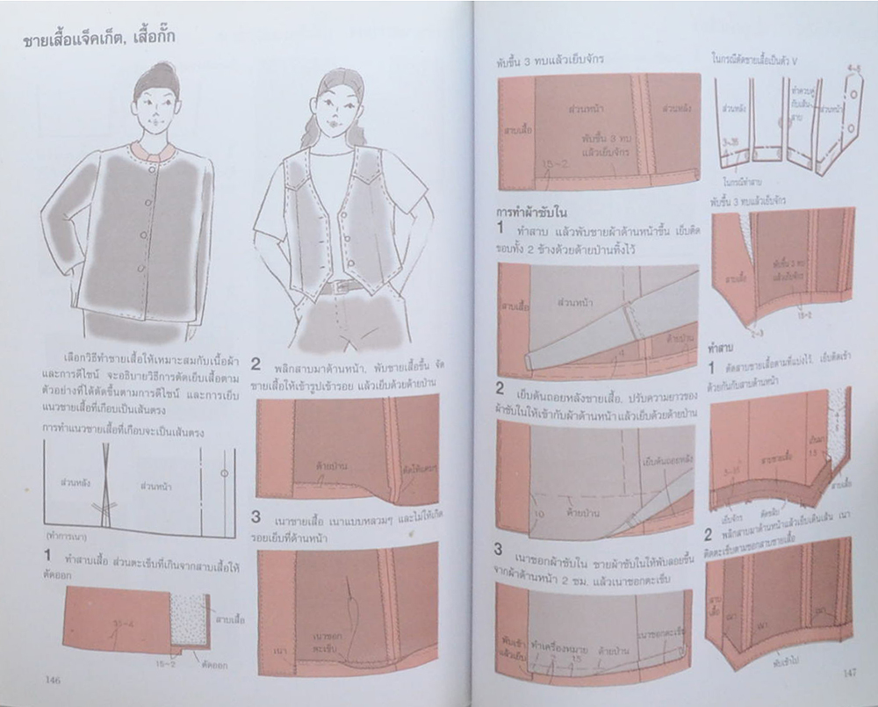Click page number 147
coord(848,673)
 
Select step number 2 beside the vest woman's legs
coord(255,364)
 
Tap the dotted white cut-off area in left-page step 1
coord(190,620)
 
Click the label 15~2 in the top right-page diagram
coord(552,164)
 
